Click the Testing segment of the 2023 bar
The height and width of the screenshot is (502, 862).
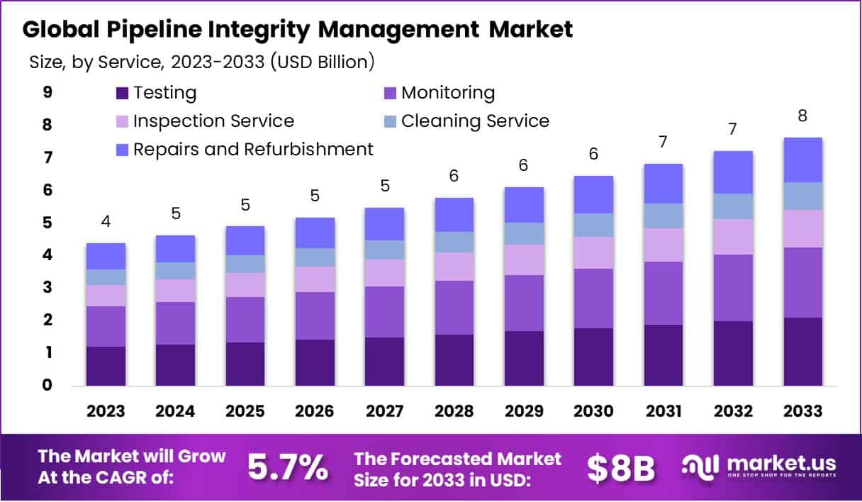(x=106, y=366)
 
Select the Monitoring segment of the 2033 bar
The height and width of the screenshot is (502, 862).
(x=802, y=282)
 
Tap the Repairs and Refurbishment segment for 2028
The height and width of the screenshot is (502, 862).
(x=454, y=214)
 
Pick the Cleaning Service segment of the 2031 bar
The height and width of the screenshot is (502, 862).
(x=663, y=216)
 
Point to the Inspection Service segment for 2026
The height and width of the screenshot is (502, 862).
(x=315, y=279)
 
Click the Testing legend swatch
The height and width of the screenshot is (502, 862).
(x=122, y=93)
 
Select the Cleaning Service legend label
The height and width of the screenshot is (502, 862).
(x=475, y=121)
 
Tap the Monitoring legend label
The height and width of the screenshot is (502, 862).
(x=448, y=93)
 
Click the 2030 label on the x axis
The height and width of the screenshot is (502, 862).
(x=593, y=412)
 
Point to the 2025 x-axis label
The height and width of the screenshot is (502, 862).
(x=245, y=412)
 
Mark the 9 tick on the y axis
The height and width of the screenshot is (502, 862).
(x=47, y=92)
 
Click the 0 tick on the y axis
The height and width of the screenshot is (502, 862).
(x=47, y=386)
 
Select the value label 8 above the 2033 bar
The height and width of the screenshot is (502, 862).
(x=802, y=116)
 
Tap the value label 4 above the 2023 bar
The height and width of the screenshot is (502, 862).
(x=106, y=222)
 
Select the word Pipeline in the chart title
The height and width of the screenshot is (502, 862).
(x=145, y=29)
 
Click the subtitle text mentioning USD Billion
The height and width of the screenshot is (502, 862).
(x=202, y=62)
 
